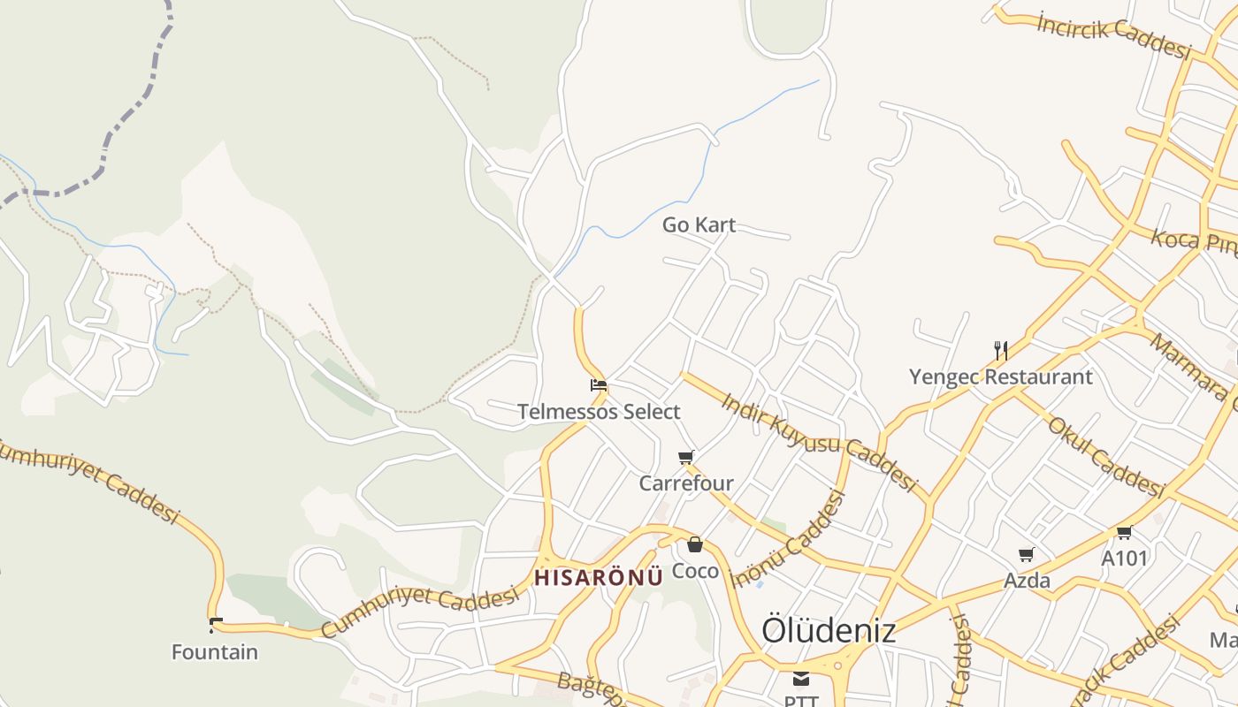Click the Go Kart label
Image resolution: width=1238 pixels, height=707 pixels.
click(x=699, y=225)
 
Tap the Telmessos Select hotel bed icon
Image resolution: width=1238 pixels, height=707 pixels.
click(x=599, y=385)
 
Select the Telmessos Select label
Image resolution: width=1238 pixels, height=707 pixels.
click(x=599, y=412)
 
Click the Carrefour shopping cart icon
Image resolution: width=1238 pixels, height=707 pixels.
click(x=685, y=457)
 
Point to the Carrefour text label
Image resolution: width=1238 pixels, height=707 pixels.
click(x=686, y=483)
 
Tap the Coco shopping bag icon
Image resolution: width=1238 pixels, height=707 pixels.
click(x=695, y=544)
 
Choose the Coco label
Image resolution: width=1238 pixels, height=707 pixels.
click(x=695, y=571)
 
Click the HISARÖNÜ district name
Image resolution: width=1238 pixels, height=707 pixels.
click(x=599, y=578)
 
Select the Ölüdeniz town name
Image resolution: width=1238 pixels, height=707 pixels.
click(x=829, y=630)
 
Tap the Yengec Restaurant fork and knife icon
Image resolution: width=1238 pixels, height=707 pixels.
click(x=1001, y=350)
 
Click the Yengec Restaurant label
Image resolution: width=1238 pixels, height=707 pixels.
click(x=1001, y=377)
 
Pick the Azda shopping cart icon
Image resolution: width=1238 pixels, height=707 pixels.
click(x=1026, y=555)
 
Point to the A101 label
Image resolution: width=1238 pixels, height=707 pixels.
click(x=1124, y=559)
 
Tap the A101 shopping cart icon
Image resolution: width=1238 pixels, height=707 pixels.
click(x=1124, y=532)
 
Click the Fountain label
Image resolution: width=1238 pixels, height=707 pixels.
click(x=215, y=653)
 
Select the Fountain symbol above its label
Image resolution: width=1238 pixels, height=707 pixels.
click(x=215, y=626)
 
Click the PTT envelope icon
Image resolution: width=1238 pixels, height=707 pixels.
click(x=800, y=679)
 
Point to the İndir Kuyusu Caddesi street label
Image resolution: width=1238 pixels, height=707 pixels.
click(x=819, y=441)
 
